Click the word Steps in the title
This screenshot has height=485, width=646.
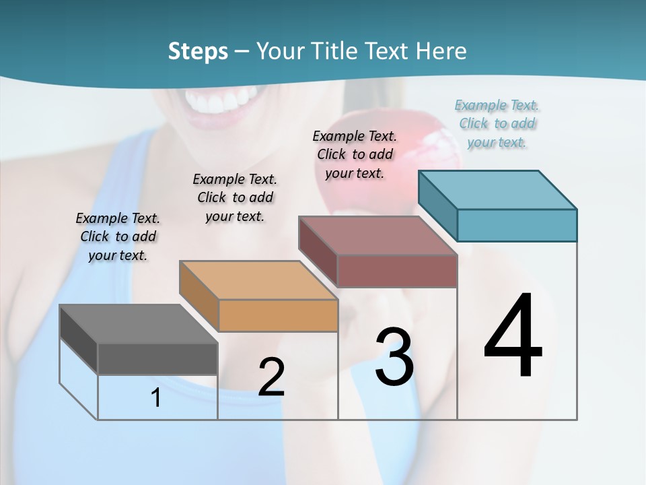tap(198, 51)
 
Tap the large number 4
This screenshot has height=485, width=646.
tap(513, 336)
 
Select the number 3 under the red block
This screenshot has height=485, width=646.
tap(394, 357)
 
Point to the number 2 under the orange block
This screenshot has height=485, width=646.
tap(271, 377)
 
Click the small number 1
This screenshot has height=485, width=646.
tap(156, 397)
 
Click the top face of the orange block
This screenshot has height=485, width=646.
tap(258, 280)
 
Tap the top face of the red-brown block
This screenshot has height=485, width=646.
tap(378, 236)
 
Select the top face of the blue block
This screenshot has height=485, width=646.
tap(497, 190)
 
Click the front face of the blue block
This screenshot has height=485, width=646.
tap(517, 225)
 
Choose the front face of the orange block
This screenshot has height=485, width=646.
tap(279, 315)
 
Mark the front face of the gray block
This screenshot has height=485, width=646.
tap(157, 358)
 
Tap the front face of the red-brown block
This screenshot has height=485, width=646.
tap(397, 271)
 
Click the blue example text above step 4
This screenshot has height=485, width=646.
tap(497, 123)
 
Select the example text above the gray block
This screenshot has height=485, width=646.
tap(118, 236)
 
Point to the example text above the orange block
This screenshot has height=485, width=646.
tap(235, 197)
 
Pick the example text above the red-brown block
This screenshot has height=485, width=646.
tap(355, 154)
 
